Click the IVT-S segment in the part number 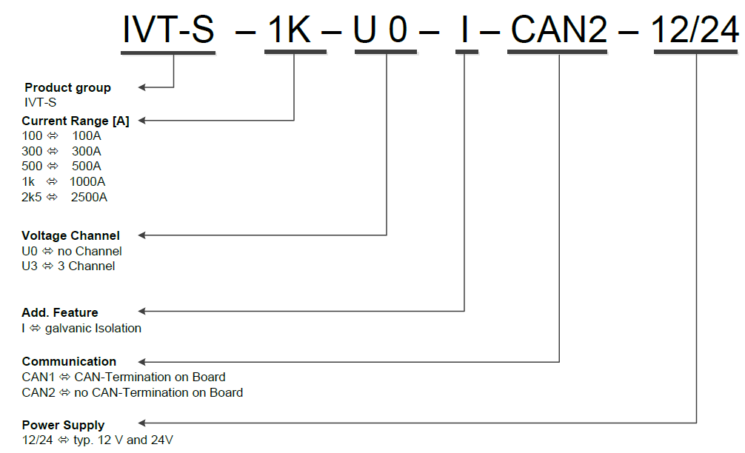click(168, 30)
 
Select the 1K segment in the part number click(295, 30)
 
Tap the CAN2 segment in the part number click(559, 30)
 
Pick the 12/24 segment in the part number click(695, 30)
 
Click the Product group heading click(67, 87)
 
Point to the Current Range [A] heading click(76, 121)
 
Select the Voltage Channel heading click(70, 235)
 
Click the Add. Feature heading click(60, 312)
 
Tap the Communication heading click(69, 361)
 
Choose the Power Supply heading click(63, 425)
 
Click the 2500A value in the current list click(89, 197)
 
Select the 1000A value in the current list click(88, 181)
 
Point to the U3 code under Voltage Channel click(29, 266)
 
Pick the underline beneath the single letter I click(466, 52)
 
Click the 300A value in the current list click(87, 151)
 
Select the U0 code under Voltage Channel click(29, 251)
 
